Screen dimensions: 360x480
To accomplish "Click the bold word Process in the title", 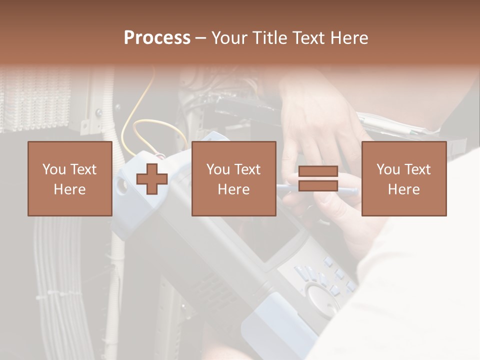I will point(157,38).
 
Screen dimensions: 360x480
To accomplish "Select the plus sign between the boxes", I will point(152,179).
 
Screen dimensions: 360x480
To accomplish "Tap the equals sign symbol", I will point(318,178).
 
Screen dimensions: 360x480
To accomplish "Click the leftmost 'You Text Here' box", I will point(70,178).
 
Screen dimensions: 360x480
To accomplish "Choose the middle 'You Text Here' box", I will point(234,178).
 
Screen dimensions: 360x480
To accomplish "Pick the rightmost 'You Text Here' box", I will point(404,178).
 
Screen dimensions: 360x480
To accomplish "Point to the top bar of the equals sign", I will point(318,171).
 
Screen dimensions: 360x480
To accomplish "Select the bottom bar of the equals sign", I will point(318,185).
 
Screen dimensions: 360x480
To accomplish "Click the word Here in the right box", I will point(404,189).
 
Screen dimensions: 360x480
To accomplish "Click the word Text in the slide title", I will point(307,38).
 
